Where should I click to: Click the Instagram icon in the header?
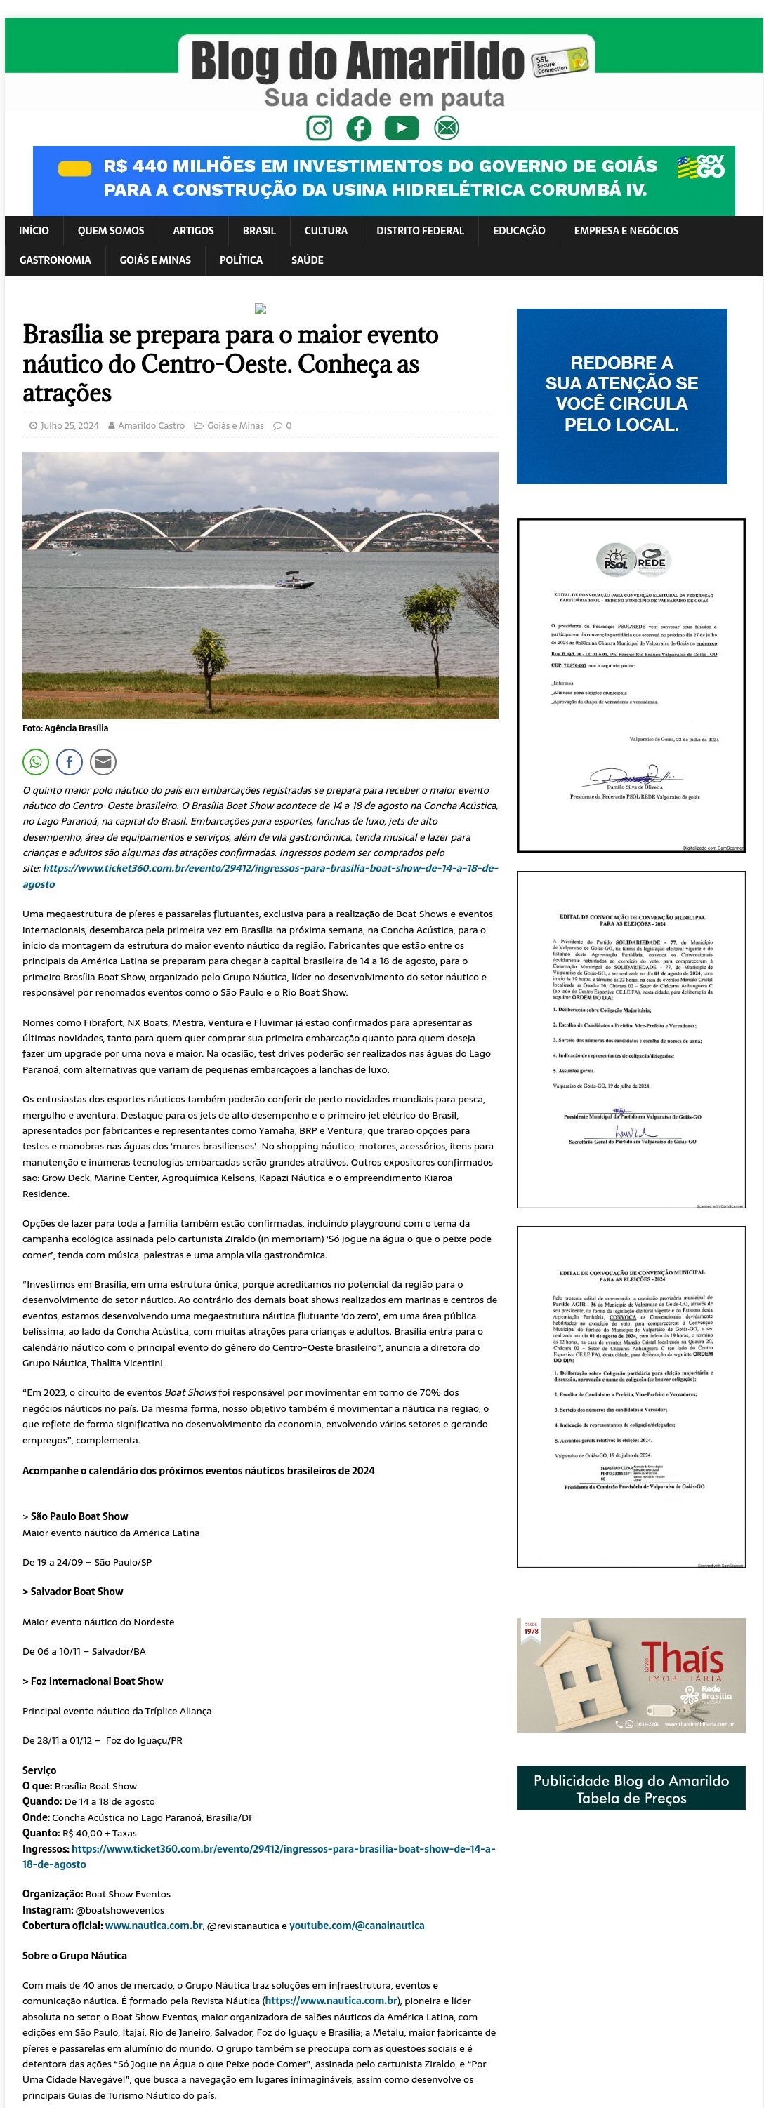click(x=320, y=128)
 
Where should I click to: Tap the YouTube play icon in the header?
click(x=401, y=128)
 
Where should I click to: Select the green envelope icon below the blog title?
click(x=447, y=128)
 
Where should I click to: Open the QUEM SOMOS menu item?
click(x=110, y=231)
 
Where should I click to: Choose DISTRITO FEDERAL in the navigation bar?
click(x=420, y=231)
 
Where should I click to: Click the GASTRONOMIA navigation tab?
click(x=55, y=260)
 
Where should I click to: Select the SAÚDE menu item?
click(x=307, y=260)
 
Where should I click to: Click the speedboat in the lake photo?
click(x=294, y=582)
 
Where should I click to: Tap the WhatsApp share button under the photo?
click(x=36, y=762)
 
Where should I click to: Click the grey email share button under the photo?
click(x=103, y=762)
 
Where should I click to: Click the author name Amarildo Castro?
click(x=151, y=425)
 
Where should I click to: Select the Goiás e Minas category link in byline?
click(x=235, y=425)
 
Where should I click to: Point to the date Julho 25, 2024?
click(x=69, y=425)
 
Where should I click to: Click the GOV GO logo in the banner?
click(x=701, y=167)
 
